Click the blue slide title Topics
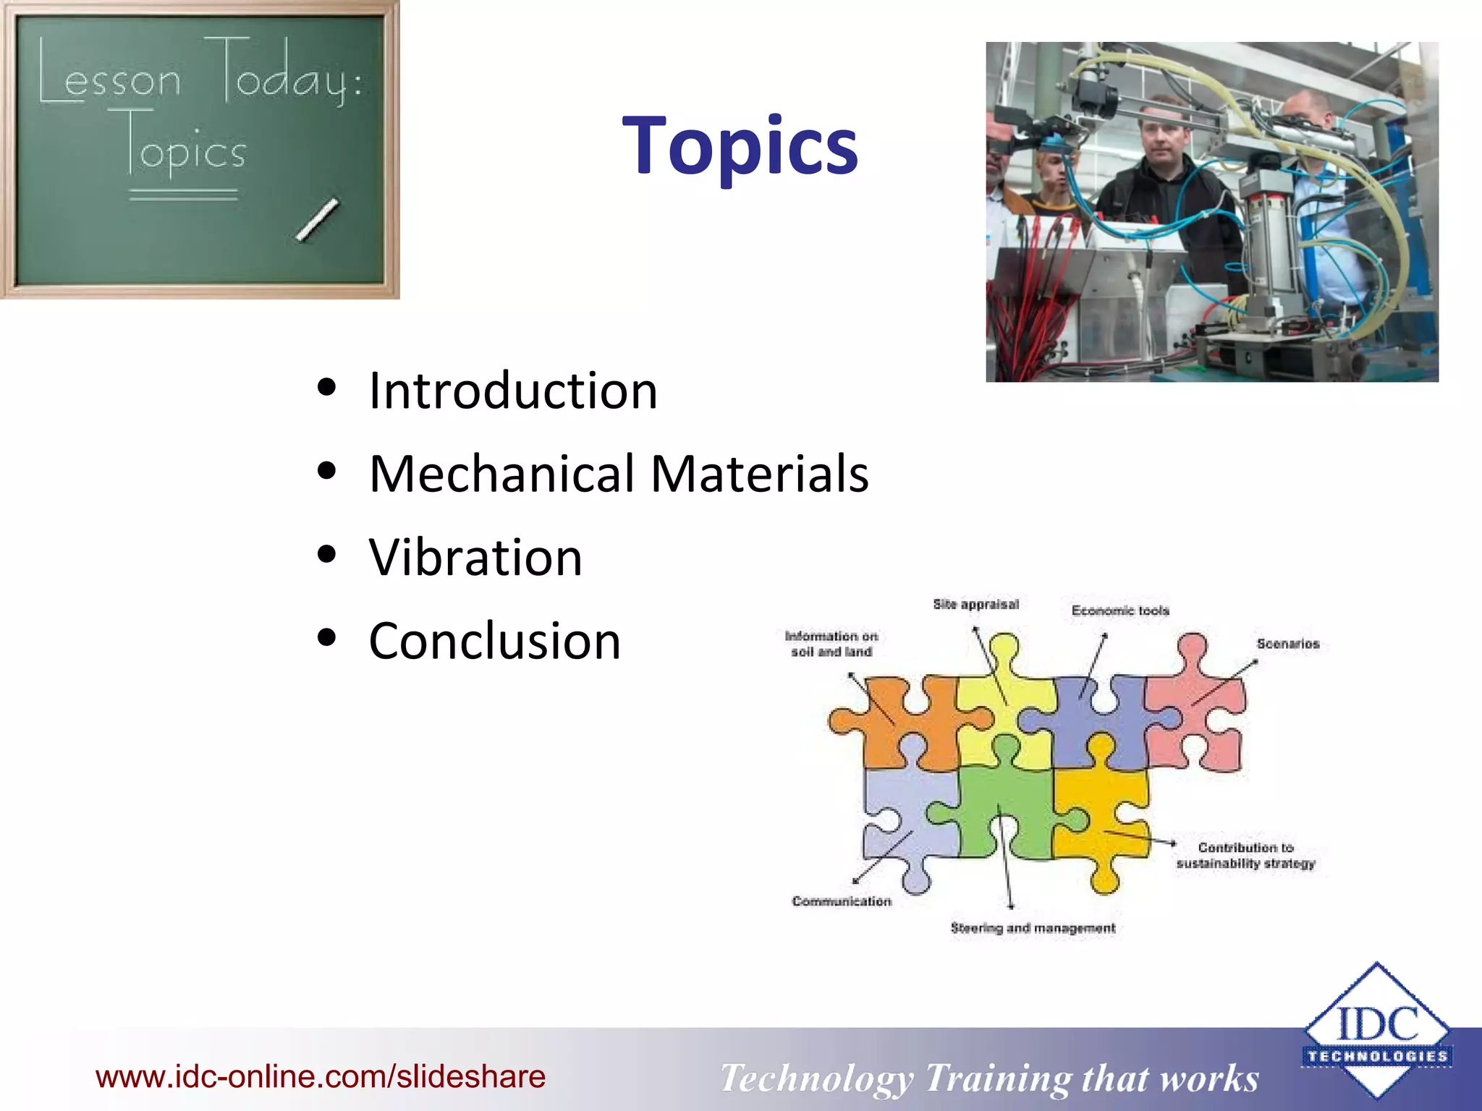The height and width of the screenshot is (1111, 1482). [740, 146]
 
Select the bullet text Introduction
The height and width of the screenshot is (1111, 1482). [512, 391]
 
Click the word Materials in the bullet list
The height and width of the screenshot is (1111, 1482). [759, 474]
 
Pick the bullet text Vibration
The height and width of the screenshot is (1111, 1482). [475, 558]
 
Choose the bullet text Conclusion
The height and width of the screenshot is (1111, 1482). [494, 642]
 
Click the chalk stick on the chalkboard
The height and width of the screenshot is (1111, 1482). [317, 219]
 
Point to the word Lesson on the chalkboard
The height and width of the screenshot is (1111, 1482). [109, 76]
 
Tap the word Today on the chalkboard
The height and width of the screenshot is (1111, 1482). [282, 72]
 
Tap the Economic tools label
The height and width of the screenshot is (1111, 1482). [1120, 610]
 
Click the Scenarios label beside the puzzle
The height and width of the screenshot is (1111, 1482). [1287, 644]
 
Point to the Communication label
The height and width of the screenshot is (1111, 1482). [841, 901]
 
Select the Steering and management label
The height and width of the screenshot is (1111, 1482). [1033, 928]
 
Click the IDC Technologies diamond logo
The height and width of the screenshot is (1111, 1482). [1376, 1031]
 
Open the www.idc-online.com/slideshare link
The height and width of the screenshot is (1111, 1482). [321, 1076]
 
